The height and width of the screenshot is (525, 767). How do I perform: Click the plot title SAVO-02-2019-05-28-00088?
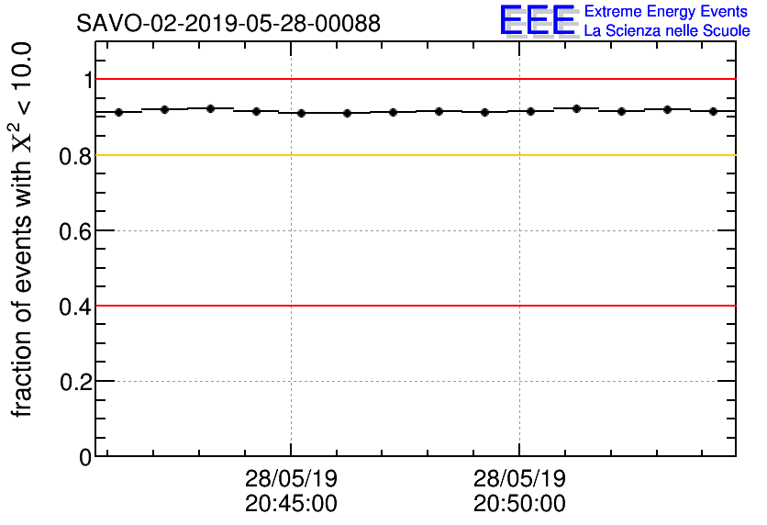(x=228, y=24)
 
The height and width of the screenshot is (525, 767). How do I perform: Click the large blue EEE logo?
(x=538, y=21)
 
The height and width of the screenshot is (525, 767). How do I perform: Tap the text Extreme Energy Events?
(x=666, y=12)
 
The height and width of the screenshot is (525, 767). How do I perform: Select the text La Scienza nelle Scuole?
(x=666, y=31)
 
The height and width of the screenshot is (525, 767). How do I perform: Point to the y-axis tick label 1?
(x=88, y=81)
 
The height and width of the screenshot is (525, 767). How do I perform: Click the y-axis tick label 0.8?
(x=76, y=156)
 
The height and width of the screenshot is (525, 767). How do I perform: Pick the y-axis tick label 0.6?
(x=76, y=231)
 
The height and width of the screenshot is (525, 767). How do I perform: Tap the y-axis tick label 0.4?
(x=76, y=307)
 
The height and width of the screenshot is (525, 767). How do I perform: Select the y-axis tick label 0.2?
(x=76, y=382)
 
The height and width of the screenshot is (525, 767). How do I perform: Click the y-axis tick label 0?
(x=86, y=457)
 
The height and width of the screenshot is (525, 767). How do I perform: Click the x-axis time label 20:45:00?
(x=291, y=504)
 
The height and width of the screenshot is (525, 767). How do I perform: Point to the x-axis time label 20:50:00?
(x=519, y=504)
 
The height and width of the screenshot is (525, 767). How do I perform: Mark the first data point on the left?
(x=118, y=112)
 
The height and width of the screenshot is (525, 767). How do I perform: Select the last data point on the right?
(x=713, y=111)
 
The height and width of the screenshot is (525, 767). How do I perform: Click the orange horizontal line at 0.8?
(x=413, y=155)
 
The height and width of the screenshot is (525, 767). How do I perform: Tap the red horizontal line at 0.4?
(x=413, y=306)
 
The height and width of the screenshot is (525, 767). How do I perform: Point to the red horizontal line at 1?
(x=413, y=80)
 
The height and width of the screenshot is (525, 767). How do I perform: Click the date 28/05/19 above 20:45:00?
(x=291, y=479)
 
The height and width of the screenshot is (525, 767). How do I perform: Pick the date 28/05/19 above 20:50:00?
(x=519, y=479)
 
